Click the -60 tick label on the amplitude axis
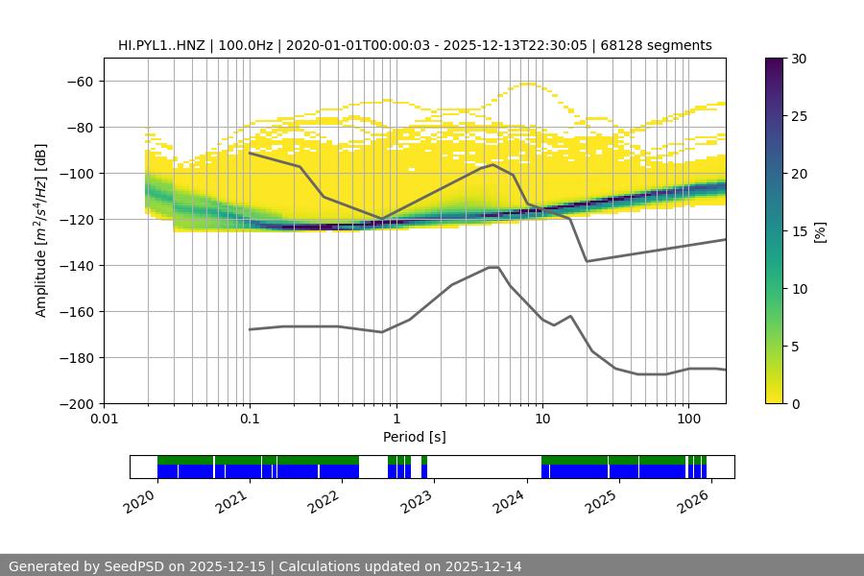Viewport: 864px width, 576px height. tap(79, 82)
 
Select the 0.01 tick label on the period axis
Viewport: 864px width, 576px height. tap(104, 420)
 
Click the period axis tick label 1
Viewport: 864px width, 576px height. tap(396, 420)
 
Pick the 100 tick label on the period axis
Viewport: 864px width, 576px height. tap(687, 420)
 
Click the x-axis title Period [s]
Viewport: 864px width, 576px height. tap(414, 437)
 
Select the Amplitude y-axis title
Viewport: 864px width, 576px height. tap(41, 230)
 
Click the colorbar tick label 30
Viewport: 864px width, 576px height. tap(799, 59)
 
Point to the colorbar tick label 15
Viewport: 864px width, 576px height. tap(799, 231)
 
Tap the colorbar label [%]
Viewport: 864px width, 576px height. tap(821, 231)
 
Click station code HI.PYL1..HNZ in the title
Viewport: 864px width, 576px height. tap(163, 45)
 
